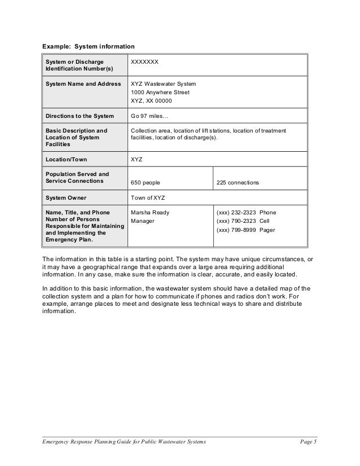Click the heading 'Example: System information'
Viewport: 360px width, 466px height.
(x=89, y=46)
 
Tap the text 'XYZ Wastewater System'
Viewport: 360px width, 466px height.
(x=163, y=83)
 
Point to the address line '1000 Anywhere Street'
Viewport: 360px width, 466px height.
(x=160, y=92)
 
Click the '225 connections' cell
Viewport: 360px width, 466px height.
(x=238, y=183)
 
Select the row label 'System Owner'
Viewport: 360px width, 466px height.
(x=65, y=198)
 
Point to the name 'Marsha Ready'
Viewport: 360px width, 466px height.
(x=150, y=213)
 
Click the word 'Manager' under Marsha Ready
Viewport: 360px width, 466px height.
(x=143, y=221)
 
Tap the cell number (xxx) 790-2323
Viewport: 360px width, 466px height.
(x=236, y=221)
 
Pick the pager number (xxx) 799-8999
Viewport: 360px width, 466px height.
(x=236, y=230)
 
